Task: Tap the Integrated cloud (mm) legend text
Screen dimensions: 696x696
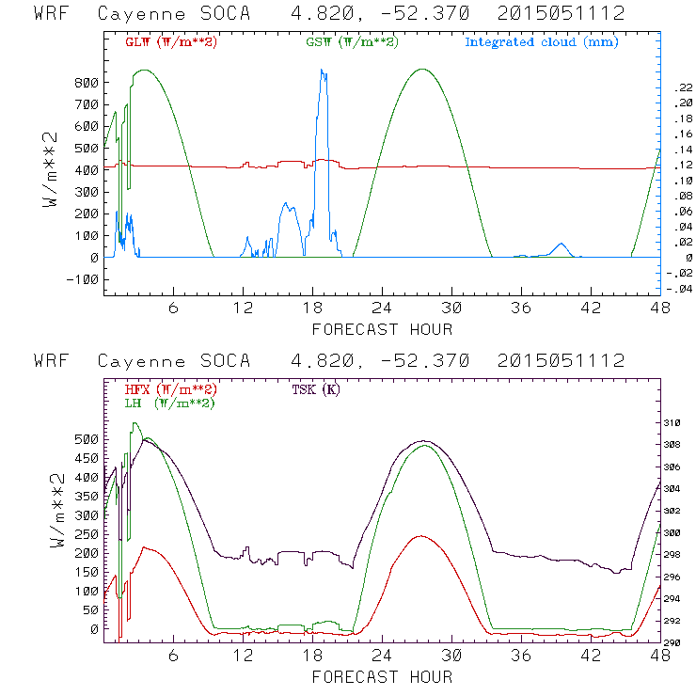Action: click(541, 42)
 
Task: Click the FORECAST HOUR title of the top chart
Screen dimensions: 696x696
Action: click(382, 329)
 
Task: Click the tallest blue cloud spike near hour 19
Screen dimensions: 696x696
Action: click(323, 71)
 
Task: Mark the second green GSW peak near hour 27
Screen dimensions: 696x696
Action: click(423, 70)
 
